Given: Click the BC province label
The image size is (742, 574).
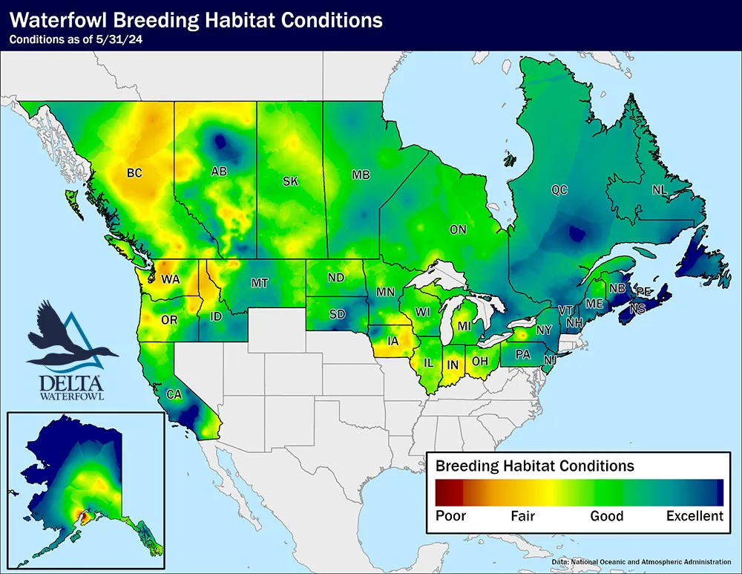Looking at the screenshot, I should tap(134, 173).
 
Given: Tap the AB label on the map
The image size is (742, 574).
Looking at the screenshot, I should tap(219, 172).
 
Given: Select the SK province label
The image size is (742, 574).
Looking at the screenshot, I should tap(289, 180).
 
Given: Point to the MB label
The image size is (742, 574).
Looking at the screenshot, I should tap(361, 175).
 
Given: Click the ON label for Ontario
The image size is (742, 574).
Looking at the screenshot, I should tap(458, 229).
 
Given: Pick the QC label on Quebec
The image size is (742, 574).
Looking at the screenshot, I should tap(559, 190).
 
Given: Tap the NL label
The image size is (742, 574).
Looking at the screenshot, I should tap(659, 190).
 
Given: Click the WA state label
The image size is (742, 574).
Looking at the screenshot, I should tap(171, 279).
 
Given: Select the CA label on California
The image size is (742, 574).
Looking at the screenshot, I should tap(173, 394).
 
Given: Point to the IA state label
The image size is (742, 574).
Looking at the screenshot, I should tap(393, 341).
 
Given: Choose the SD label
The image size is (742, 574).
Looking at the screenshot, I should tap(337, 314).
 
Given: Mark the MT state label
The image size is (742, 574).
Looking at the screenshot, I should tap(259, 283).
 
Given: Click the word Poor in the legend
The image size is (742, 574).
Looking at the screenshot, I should tap(450, 516).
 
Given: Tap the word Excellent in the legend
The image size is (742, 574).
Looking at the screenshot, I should tap(694, 516).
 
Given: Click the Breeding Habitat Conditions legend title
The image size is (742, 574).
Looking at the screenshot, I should tap(534, 466).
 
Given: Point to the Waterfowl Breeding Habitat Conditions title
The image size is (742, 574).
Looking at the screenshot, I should tap(196, 20).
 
